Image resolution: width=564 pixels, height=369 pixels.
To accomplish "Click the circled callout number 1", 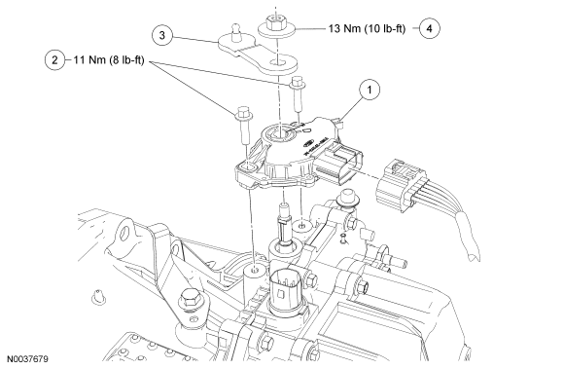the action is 370,90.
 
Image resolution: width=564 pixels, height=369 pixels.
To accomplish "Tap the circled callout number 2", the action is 54,59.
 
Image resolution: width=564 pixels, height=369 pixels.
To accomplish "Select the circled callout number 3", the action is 162,35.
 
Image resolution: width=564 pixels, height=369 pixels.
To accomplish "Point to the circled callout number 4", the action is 429,28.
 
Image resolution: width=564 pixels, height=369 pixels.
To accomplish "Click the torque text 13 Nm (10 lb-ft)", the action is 367,28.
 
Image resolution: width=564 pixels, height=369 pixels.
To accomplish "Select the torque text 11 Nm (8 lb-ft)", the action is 109,59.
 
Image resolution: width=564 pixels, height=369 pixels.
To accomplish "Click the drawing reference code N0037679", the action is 27,359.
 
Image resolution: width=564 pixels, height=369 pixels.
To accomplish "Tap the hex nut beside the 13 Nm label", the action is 276,24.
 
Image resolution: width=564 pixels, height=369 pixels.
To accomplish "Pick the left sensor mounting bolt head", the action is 244,112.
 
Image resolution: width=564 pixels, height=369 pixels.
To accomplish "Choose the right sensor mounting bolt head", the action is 298,82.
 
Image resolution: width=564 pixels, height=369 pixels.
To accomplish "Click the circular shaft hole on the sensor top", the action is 280,134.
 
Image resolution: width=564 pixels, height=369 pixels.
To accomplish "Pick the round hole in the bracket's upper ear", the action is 125,232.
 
